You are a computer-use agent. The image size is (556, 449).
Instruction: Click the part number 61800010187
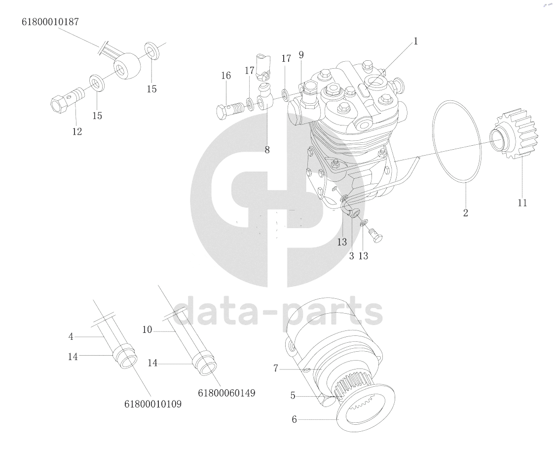(x=50, y=22)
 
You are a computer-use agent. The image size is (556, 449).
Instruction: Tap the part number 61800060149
(x=226, y=393)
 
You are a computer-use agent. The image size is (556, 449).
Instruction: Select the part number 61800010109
(x=153, y=404)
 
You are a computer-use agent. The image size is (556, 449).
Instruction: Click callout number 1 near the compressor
(x=415, y=41)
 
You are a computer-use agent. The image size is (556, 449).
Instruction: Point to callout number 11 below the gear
(x=522, y=203)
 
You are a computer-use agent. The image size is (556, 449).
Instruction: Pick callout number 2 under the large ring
(x=466, y=212)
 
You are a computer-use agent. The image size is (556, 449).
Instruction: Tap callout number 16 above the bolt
(x=226, y=76)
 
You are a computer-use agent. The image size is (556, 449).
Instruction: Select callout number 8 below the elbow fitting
(x=267, y=150)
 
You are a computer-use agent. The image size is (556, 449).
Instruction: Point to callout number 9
(x=301, y=55)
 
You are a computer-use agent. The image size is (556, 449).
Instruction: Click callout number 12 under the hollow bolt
(x=77, y=132)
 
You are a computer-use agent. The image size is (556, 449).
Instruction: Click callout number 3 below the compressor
(x=351, y=256)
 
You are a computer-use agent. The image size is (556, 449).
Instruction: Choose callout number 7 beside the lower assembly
(x=275, y=368)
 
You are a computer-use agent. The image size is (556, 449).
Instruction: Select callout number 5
(x=293, y=395)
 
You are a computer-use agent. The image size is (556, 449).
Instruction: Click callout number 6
(x=295, y=419)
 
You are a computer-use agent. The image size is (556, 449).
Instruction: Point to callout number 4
(x=71, y=336)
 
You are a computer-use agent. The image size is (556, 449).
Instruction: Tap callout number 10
(x=147, y=330)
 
